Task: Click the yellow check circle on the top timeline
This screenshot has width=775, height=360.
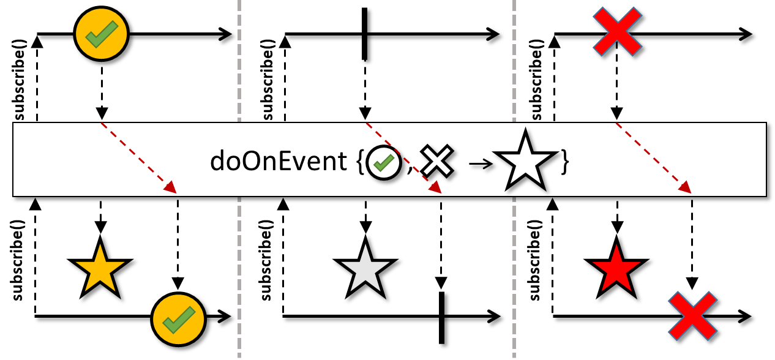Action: click(101, 34)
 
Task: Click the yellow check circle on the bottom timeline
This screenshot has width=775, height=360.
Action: click(178, 317)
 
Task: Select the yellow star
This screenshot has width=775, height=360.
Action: click(100, 269)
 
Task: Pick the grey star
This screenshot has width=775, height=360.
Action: click(365, 269)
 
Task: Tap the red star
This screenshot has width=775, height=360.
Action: click(616, 269)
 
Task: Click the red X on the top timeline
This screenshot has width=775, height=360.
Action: click(617, 32)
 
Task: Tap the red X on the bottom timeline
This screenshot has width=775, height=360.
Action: click(692, 316)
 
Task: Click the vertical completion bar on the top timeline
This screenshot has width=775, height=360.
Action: click(365, 34)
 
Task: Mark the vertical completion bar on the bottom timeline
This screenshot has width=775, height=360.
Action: click(441, 317)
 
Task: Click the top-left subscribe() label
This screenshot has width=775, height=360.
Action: click(19, 80)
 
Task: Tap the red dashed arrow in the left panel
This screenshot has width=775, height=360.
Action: click(138, 158)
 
